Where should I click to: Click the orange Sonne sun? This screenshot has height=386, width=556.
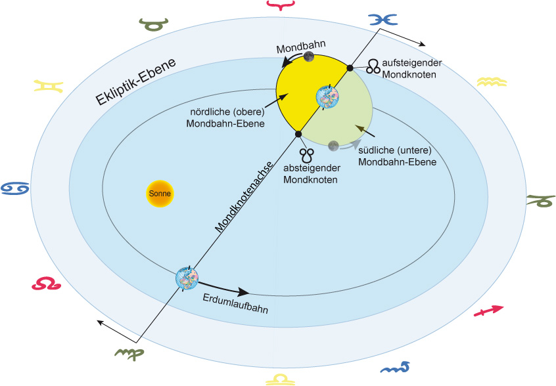(158, 194)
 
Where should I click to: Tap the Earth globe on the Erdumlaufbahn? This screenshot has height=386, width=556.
(187, 278)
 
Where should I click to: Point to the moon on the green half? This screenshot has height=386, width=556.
(333, 146)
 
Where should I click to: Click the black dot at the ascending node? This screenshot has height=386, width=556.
(350, 68)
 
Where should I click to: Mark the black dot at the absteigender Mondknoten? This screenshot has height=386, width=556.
(298, 134)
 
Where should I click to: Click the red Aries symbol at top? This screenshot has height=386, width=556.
(280, 6)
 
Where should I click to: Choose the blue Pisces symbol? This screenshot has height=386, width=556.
(383, 20)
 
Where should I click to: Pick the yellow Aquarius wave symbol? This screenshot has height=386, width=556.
(492, 82)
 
